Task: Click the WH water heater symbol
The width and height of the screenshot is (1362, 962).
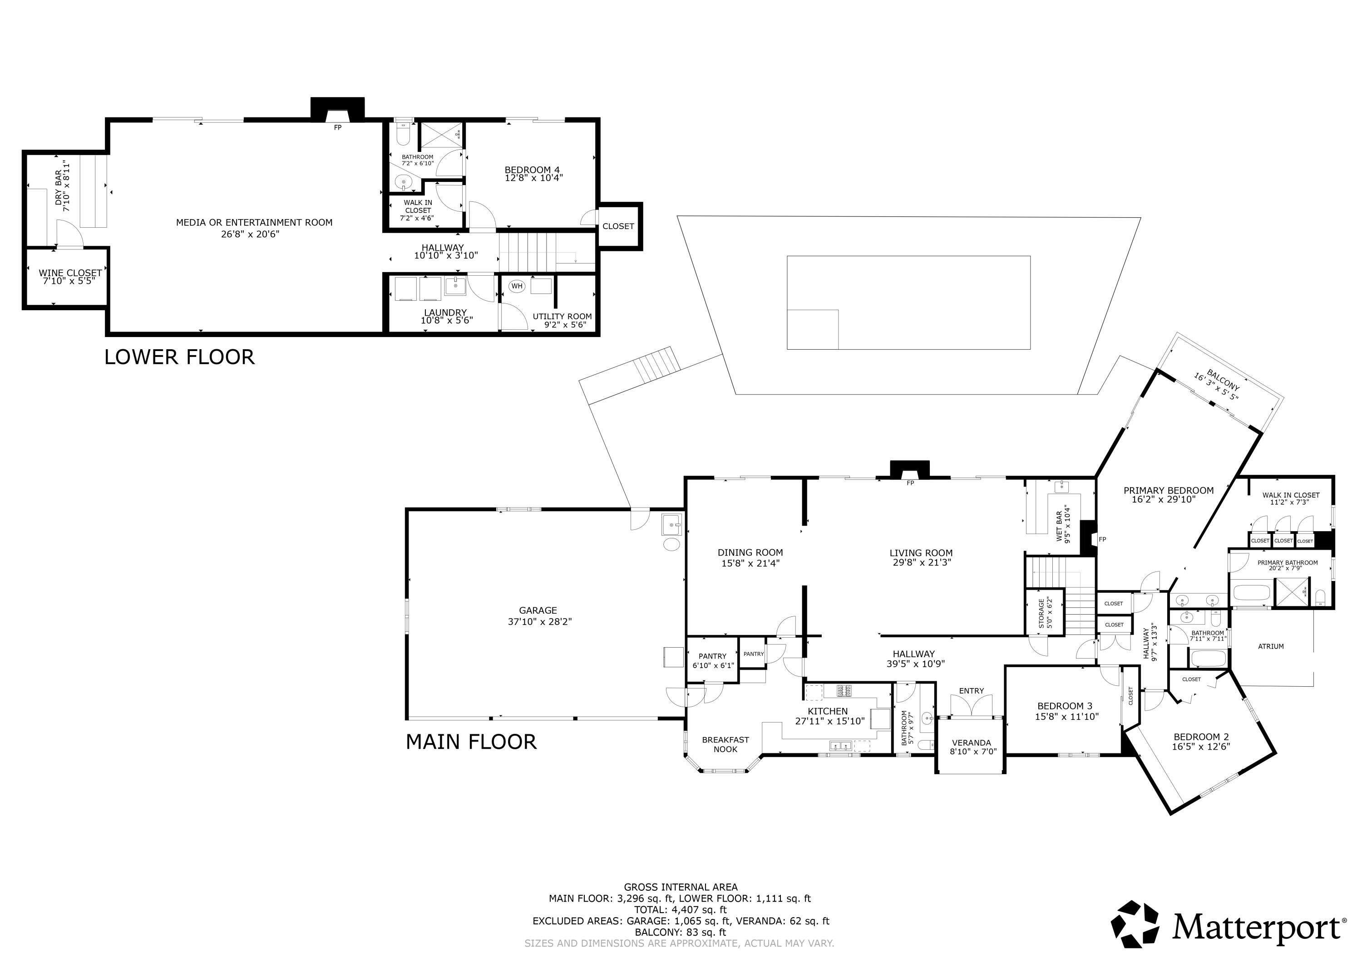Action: pyautogui.click(x=517, y=286)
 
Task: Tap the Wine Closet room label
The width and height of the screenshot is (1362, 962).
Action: pyautogui.click(x=70, y=273)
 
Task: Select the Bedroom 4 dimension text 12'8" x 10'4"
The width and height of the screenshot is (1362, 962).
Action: pyautogui.click(x=533, y=178)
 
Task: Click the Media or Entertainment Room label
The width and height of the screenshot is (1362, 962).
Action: pyautogui.click(x=254, y=223)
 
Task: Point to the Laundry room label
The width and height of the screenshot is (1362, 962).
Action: pyautogui.click(x=445, y=313)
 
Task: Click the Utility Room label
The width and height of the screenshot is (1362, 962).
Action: pyautogui.click(x=562, y=317)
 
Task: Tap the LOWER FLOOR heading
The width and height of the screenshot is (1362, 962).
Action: pyautogui.click(x=179, y=357)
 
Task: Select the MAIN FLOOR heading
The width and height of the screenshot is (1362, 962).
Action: pyautogui.click(x=471, y=742)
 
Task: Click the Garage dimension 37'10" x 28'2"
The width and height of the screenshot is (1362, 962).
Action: pyautogui.click(x=538, y=622)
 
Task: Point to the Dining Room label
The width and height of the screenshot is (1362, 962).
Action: pyautogui.click(x=750, y=552)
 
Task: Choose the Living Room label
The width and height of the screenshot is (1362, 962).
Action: pyautogui.click(x=921, y=552)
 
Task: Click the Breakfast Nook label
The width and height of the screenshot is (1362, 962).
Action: pyautogui.click(x=725, y=744)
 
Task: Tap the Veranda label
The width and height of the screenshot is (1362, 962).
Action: pyautogui.click(x=971, y=742)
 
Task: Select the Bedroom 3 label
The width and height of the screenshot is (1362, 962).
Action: pyautogui.click(x=1064, y=706)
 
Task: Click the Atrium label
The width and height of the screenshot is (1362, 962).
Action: pyautogui.click(x=1271, y=647)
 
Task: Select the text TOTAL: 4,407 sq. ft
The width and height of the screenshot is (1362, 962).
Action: pyautogui.click(x=681, y=910)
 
